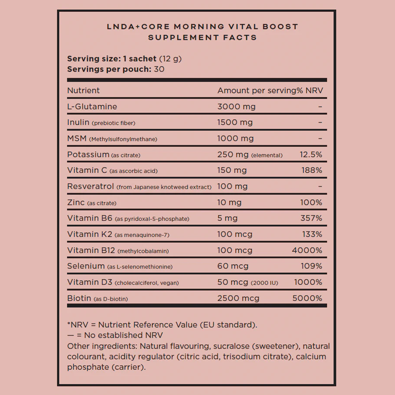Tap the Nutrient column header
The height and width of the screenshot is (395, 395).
pos(83,91)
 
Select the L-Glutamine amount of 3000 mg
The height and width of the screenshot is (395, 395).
pos(236,107)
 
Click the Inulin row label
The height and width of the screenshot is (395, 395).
pos(78,123)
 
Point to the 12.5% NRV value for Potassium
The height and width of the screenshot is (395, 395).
pos(311,155)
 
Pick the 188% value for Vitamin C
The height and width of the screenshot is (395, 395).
pos(312,170)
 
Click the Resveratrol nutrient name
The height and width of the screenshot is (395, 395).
pos(91,187)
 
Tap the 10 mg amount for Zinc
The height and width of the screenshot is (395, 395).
pos(229,203)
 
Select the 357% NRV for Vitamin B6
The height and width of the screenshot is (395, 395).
pos(312,218)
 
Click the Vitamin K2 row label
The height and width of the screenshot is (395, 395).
pos(90,234)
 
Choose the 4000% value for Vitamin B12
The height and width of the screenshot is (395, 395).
pos(307,251)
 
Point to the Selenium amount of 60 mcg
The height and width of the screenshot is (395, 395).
pos(233,266)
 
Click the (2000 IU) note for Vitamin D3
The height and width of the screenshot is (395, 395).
pos(264,283)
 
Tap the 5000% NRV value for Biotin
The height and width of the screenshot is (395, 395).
pos(307,298)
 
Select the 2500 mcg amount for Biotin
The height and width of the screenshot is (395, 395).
pos(238,298)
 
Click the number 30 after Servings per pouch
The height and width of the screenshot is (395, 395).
pos(159,69)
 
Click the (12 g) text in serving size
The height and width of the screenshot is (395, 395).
pos(170,59)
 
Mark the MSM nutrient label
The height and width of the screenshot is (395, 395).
pos(77,139)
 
